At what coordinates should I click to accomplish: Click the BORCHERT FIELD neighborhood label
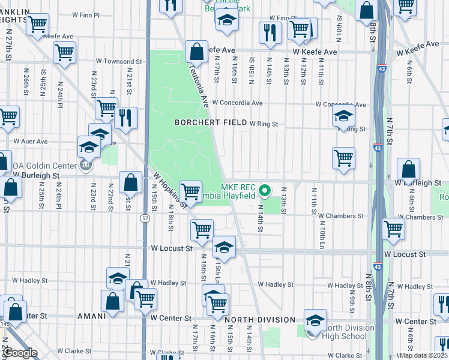tap(210, 122)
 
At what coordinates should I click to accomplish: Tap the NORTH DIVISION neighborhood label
tap(261, 320)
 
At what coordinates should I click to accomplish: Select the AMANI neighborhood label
tap(92, 316)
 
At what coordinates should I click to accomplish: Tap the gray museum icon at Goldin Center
tap(86, 166)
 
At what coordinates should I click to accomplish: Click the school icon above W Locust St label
tap(223, 247)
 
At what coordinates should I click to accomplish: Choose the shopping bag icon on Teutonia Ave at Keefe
tap(196, 52)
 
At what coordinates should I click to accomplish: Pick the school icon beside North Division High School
tap(315, 320)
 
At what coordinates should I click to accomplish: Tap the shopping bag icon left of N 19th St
tap(130, 182)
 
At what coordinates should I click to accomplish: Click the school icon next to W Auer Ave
tap(89, 146)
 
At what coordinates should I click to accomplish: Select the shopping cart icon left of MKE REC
tap(190, 191)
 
